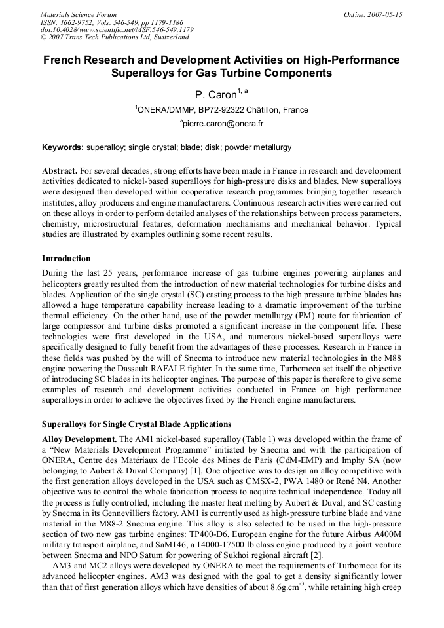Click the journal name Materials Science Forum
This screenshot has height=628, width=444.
point(79,14)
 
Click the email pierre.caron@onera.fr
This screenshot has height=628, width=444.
point(221,123)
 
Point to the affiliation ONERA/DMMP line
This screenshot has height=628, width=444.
point(221,110)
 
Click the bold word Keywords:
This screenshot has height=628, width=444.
point(63,148)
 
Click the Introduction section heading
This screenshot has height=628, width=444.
point(66,259)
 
